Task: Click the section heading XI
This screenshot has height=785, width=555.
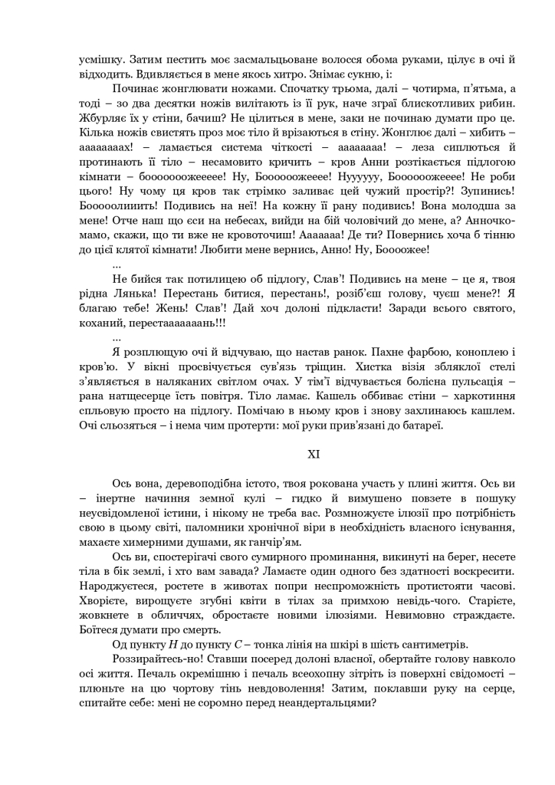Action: [x=314, y=455]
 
